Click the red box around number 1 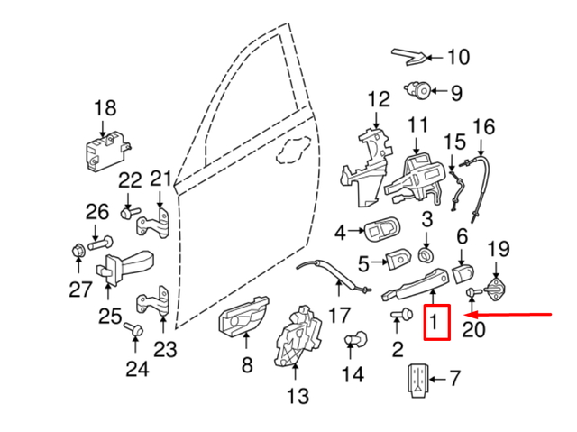436,322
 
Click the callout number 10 458,58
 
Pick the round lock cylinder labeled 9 418,90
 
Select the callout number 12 378,98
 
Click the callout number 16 484,125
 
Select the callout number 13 298,395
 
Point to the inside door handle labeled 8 242,319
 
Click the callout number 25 109,316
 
